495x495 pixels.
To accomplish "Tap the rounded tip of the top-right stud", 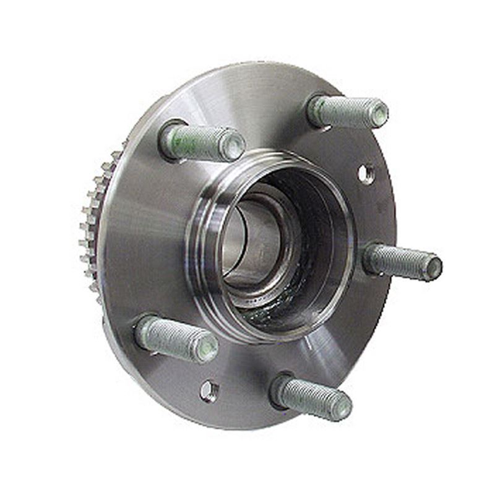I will pos(377,114).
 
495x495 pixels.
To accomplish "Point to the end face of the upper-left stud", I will pos(233,147).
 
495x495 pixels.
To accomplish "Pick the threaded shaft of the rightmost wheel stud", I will pos(399,262).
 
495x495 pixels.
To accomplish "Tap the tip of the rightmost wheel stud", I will pos(433,267).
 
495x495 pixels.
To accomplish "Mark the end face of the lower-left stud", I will pos(206,346).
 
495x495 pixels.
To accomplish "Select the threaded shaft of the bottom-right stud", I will pos(309,396).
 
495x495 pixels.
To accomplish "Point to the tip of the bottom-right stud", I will pos(340,406).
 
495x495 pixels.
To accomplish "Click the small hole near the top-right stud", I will pos(366,174).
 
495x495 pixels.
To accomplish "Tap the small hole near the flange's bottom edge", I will pos(209,390).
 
